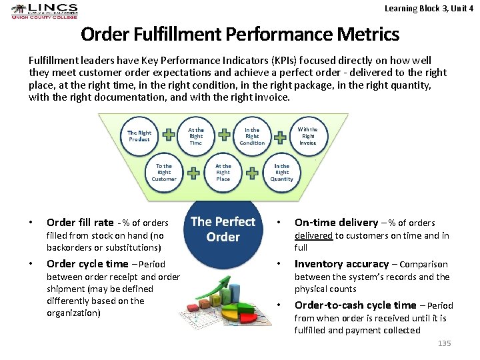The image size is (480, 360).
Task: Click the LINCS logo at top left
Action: point(44,12)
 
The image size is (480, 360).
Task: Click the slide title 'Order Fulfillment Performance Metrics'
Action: point(240,34)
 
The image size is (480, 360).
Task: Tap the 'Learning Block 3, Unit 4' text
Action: point(429,9)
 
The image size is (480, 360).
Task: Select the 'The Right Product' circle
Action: point(139,136)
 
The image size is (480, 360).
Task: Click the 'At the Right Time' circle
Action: point(196,136)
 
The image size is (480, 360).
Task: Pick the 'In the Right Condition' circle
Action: point(252,136)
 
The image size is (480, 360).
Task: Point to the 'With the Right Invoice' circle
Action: point(307,135)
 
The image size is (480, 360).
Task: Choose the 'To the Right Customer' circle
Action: point(164,172)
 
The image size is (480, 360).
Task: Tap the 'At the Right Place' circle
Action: point(223,172)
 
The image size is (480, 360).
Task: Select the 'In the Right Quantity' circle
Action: point(281,172)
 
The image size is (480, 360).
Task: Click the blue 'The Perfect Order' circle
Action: point(223,230)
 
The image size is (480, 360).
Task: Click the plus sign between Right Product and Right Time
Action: point(169,136)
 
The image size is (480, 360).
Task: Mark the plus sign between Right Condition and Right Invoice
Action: point(280,136)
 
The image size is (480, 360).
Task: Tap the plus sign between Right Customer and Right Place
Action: point(193,173)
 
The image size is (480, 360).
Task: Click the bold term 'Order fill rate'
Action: point(80,223)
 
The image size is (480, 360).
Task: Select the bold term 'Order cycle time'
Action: point(87,264)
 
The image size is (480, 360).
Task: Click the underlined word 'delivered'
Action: point(313,235)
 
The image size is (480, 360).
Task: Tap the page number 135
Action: point(444,343)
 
